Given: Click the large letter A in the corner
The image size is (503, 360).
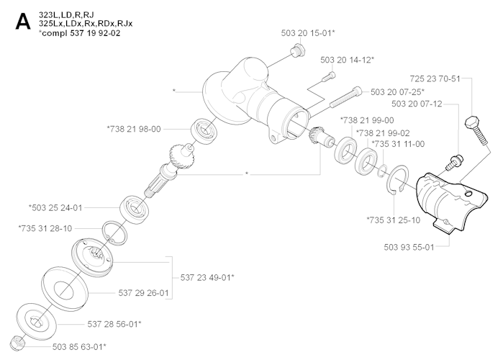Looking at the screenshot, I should point(22,24).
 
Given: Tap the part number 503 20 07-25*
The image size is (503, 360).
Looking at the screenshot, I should point(396,92).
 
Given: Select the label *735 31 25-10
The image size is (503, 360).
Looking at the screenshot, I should point(394,219).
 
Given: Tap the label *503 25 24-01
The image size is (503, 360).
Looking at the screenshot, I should point(55,207).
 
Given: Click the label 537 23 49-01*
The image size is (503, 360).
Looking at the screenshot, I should point(206,276).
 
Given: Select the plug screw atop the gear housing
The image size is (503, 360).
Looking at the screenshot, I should point(295,50).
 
